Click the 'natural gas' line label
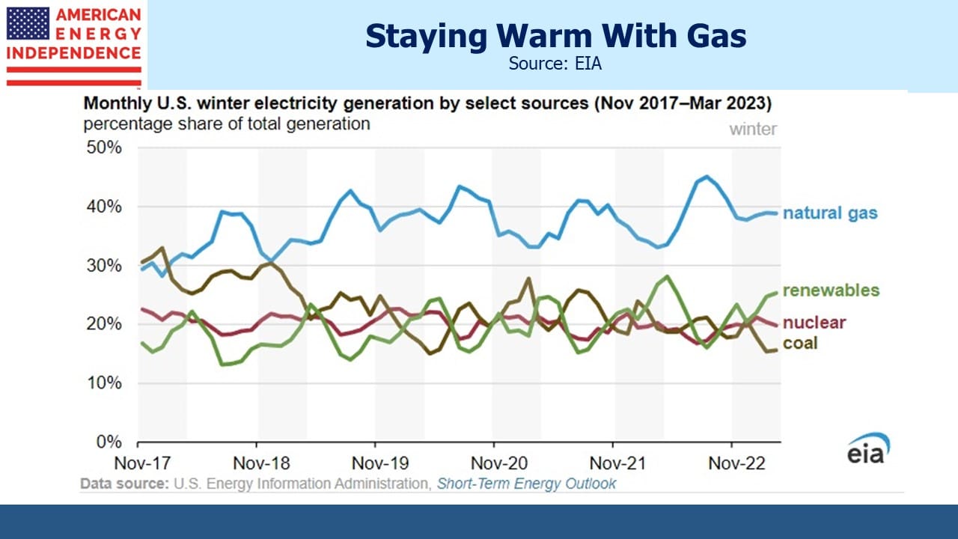[830, 213]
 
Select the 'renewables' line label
[831, 290]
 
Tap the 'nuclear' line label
[814, 323]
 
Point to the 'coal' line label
[800, 343]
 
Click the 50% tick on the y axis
[104, 147]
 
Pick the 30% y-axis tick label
[104, 266]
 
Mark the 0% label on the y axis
[109, 442]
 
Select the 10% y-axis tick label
[104, 383]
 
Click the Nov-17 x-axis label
[142, 463]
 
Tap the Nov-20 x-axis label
[499, 463]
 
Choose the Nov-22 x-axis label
[737, 463]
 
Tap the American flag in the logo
[28, 23]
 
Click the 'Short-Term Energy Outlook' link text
[526, 484]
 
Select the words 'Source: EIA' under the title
[555, 64]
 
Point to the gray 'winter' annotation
[753, 130]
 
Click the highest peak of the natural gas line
[707, 176]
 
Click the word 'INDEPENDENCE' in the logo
[73, 53]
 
